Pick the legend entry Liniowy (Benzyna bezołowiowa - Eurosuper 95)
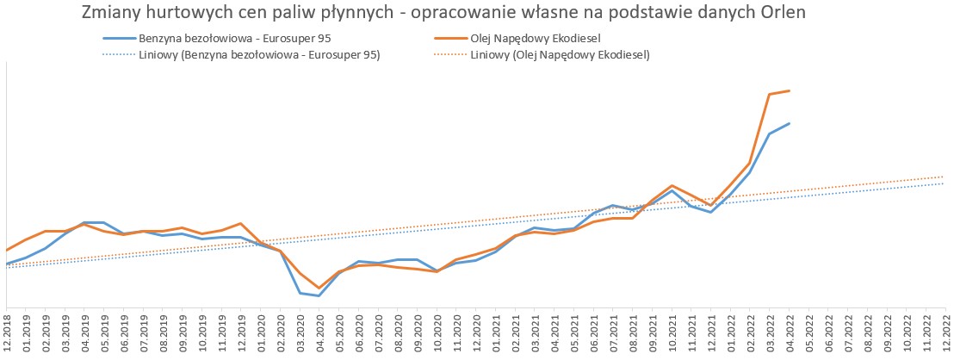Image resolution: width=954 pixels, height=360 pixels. coord(258,54)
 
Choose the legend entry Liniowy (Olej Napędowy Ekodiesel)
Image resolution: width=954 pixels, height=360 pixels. coord(560,54)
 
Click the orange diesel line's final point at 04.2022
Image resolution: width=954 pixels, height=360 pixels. coord(789,90)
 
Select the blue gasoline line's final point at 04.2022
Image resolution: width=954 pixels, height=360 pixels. coord(789,124)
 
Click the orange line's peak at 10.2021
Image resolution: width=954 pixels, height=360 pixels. coord(672,186)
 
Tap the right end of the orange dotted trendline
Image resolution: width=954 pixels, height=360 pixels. coord(945,177)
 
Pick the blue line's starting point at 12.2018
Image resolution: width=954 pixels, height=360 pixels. coord(7,264)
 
